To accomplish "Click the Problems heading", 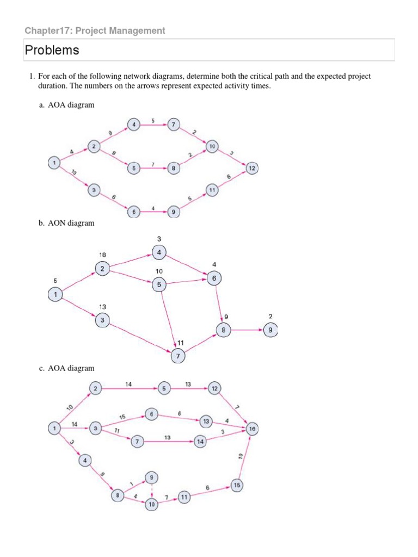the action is [x=52, y=51].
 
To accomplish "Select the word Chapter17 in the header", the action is [x=48, y=30].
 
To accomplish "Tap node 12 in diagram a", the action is [x=252, y=168].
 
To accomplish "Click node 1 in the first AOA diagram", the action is [x=53, y=162].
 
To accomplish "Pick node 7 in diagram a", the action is [x=174, y=125].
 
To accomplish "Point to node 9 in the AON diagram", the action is [x=270, y=330].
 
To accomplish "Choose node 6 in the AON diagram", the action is [x=214, y=278].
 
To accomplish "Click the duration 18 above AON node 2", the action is [x=102, y=255].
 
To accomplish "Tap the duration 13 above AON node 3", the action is [x=102, y=307].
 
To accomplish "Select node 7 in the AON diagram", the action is [x=177, y=356].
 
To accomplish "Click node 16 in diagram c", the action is [x=252, y=429].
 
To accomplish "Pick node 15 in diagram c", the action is [x=237, y=484].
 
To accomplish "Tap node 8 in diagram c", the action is [x=117, y=496].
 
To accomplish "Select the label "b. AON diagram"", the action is [x=66, y=223].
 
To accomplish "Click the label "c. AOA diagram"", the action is [x=66, y=368].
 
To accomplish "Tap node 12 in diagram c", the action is [x=214, y=388].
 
